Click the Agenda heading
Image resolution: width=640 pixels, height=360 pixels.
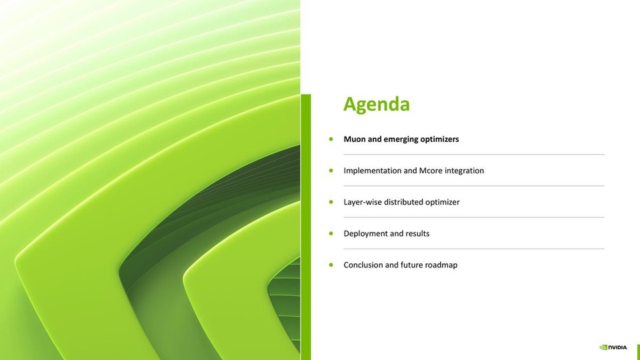(376, 105)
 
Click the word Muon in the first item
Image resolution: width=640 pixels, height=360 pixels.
(354, 139)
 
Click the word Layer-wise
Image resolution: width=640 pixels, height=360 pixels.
(363, 202)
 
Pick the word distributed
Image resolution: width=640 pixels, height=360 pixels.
(403, 202)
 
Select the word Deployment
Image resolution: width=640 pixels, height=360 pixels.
(365, 233)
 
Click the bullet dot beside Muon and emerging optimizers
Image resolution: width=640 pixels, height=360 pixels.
(331, 139)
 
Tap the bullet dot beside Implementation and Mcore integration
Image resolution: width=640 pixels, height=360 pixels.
(331, 171)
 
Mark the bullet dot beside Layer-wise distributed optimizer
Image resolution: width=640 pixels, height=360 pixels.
(331, 202)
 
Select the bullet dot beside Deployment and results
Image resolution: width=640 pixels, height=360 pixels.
(331, 233)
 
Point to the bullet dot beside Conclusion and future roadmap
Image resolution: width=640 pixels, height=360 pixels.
(331, 265)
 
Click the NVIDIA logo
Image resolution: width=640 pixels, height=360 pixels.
(613, 347)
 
